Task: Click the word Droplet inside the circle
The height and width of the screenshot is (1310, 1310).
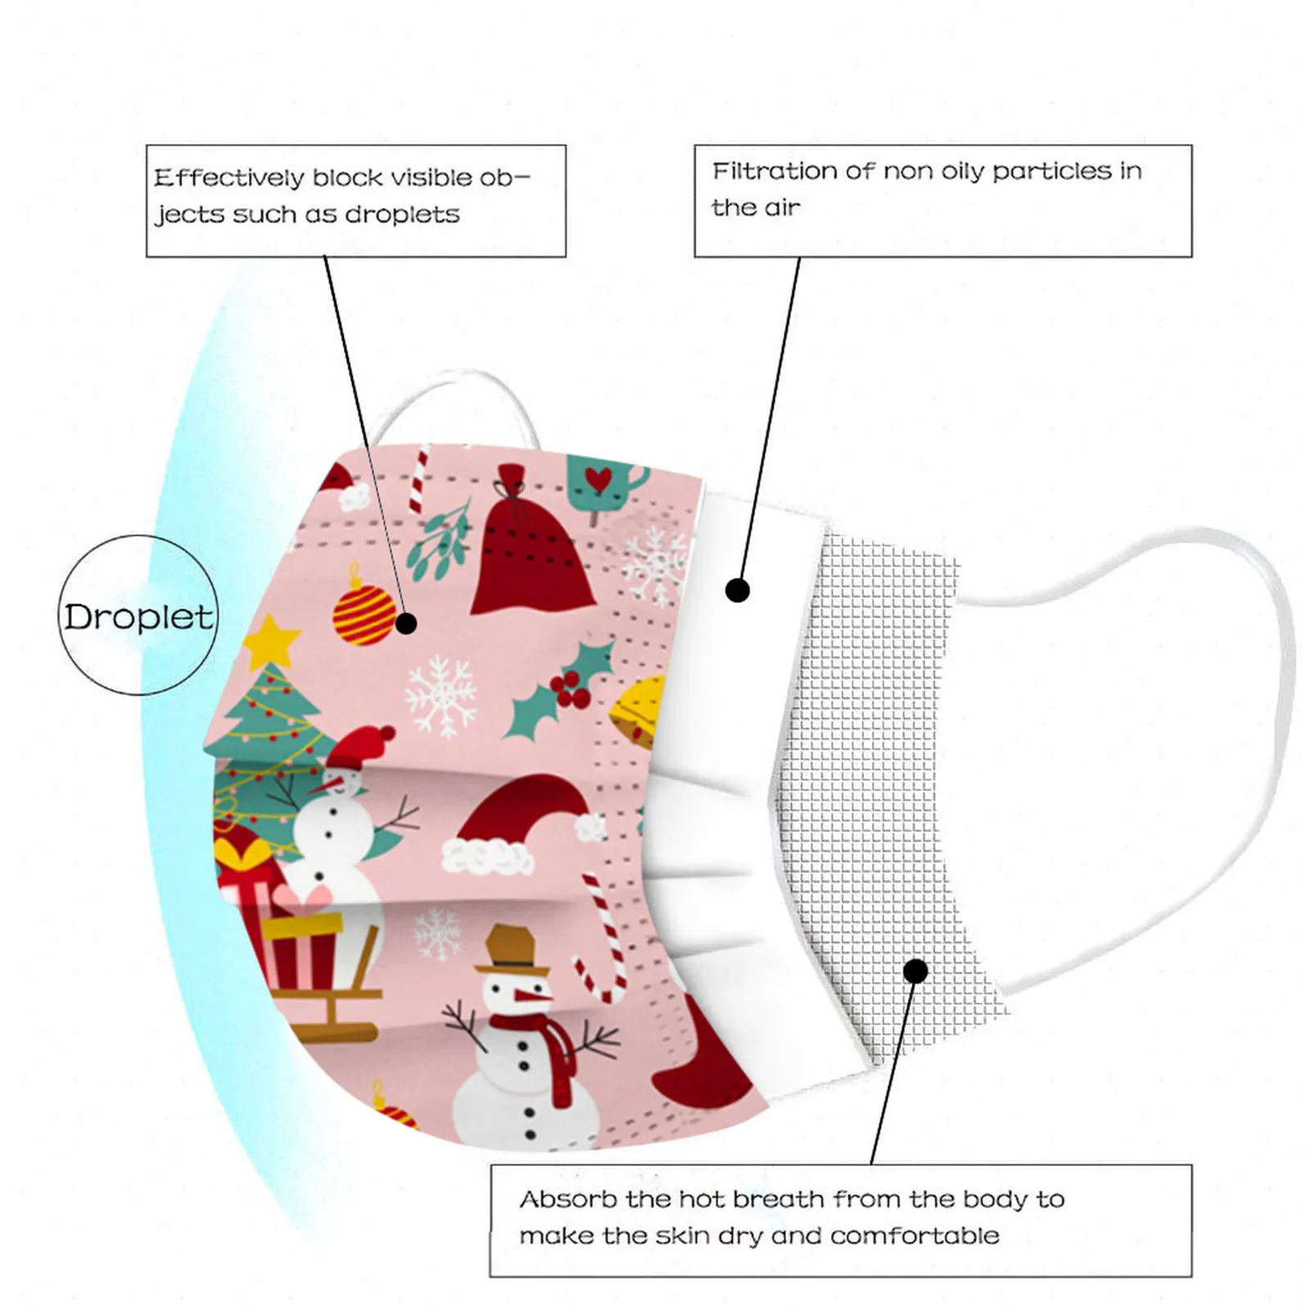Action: pyautogui.click(x=138, y=617)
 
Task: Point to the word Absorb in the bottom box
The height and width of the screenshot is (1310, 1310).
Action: pyautogui.click(x=568, y=1199)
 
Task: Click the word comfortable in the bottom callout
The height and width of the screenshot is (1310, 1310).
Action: pyautogui.click(x=915, y=1235)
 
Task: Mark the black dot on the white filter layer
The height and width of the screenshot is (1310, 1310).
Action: pyautogui.click(x=738, y=590)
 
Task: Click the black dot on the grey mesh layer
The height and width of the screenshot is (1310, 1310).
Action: pyautogui.click(x=915, y=972)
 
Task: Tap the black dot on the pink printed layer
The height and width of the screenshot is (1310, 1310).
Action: pyautogui.click(x=406, y=624)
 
